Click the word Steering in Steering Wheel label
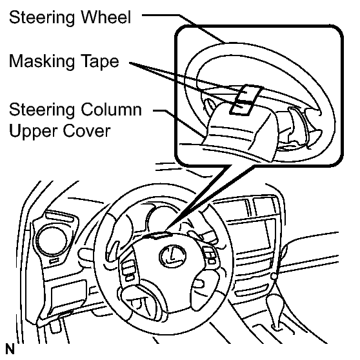coord(42,18)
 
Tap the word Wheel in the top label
coord(106,17)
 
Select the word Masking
coord(42,61)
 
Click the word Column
coord(111,109)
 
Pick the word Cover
coord(87,131)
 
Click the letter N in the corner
coord(10,349)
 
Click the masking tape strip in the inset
coord(246,99)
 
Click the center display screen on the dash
coord(251,235)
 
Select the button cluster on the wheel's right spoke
coord(210,255)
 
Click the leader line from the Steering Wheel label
coord(184,27)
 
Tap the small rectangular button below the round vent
coord(54,261)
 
